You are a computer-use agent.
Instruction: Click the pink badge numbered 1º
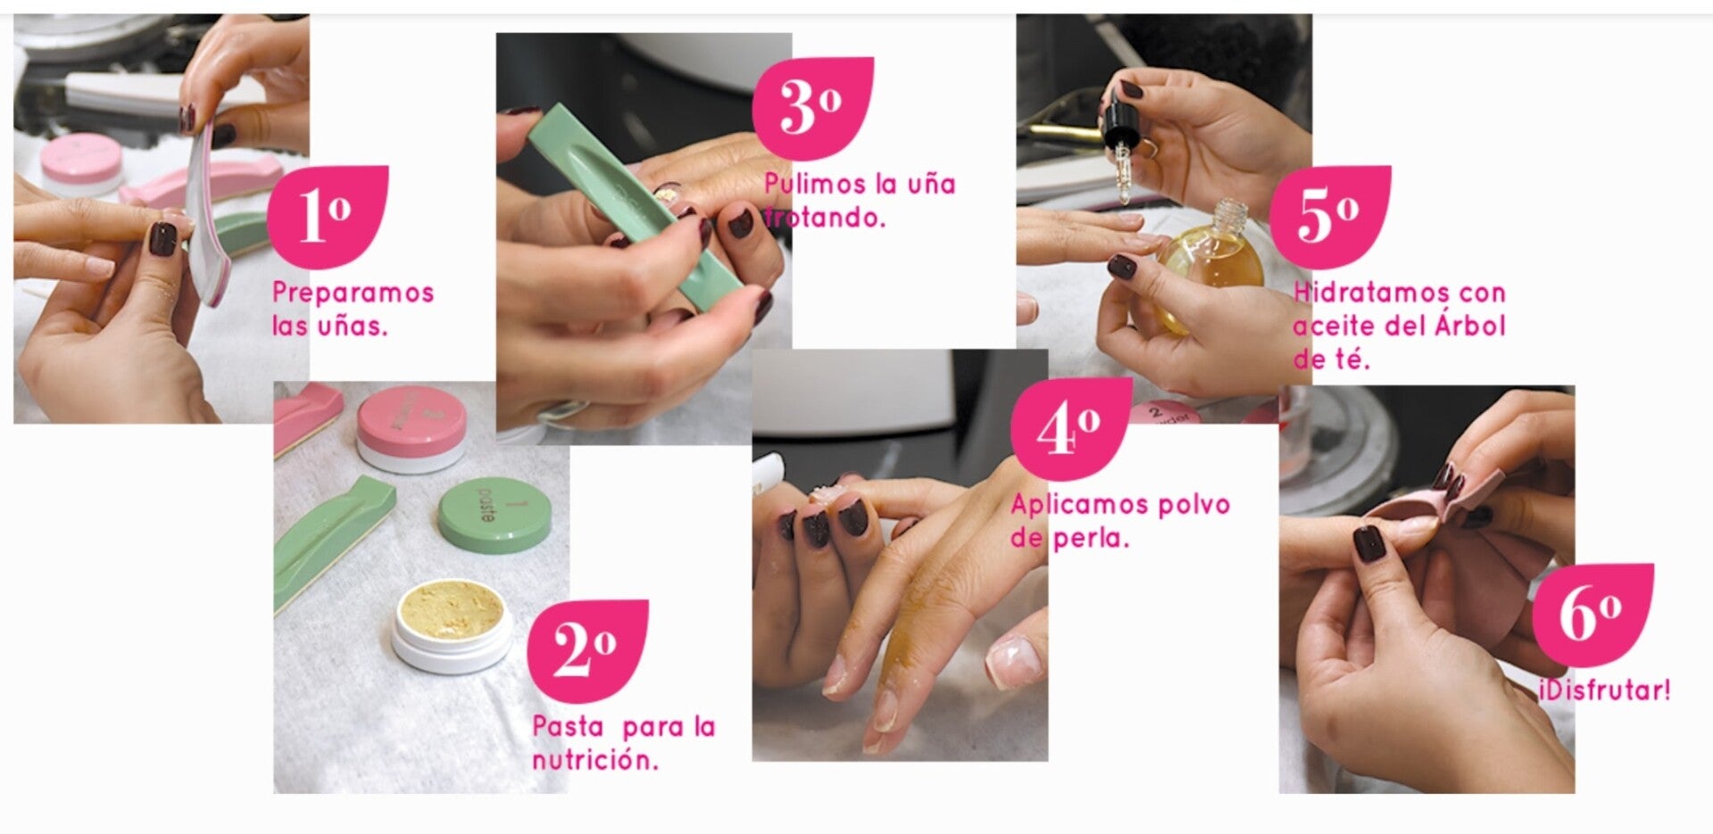point(328,216)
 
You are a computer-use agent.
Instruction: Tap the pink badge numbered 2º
point(587,651)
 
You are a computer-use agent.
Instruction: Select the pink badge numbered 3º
point(812,109)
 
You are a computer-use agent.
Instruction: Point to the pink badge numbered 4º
point(1071,428)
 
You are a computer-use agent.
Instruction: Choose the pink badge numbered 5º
point(1330,217)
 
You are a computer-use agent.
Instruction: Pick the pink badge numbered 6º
point(1592,615)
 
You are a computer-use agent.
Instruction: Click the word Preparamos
point(353,293)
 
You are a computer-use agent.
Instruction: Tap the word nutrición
point(595,761)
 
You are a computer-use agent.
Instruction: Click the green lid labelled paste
point(495,514)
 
